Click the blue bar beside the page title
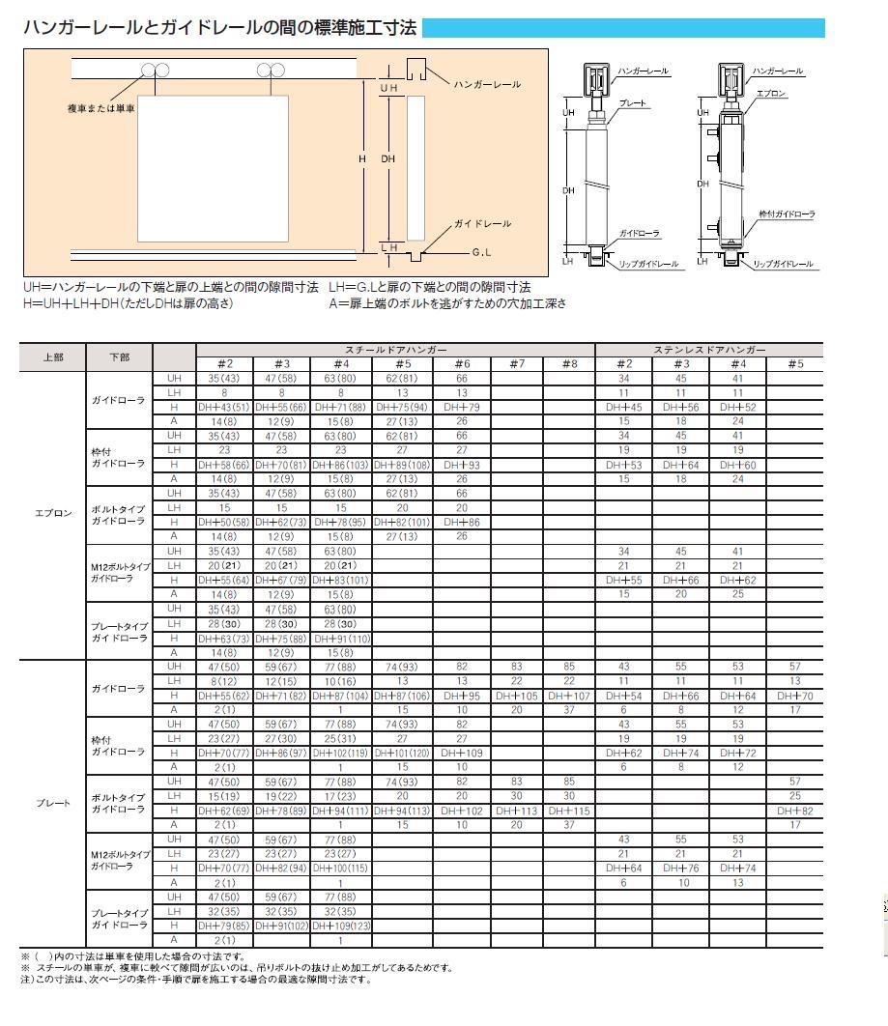click(x=623, y=28)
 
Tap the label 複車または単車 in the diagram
click(x=101, y=109)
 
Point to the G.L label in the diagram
click(x=483, y=253)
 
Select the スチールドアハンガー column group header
click(x=396, y=349)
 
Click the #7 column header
click(x=516, y=363)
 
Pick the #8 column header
click(x=568, y=363)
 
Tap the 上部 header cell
click(x=53, y=356)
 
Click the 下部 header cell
click(x=120, y=356)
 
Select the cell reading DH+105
click(x=516, y=696)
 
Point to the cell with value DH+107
click(x=568, y=696)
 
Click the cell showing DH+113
click(x=516, y=811)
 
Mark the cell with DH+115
click(x=568, y=811)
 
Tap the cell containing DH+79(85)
click(x=224, y=926)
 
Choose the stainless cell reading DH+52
click(x=737, y=408)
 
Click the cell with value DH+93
click(x=462, y=465)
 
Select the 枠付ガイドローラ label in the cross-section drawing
click(x=787, y=214)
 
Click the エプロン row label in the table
click(x=53, y=513)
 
